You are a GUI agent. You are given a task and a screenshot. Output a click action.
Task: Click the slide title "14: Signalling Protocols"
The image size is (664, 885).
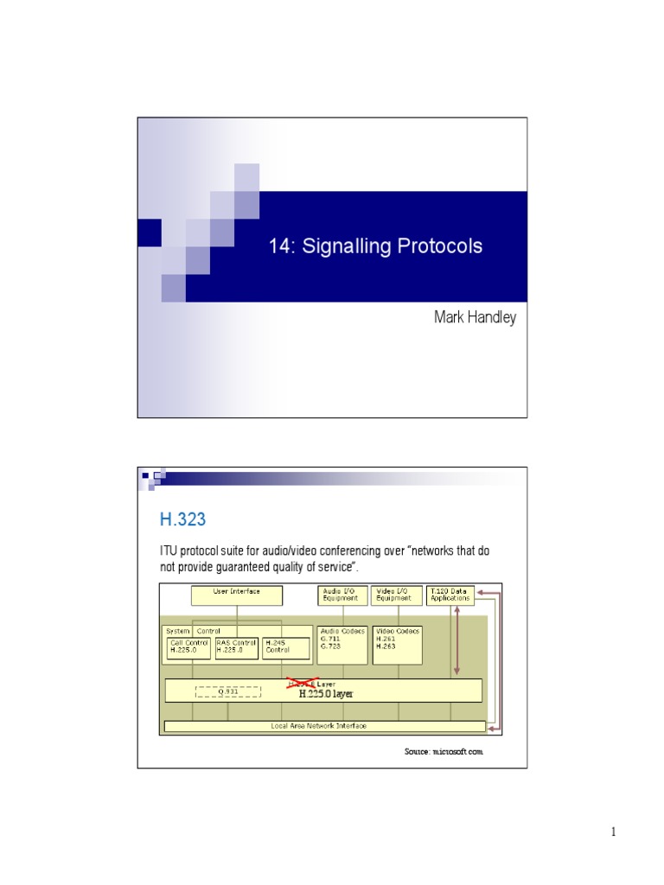pyautogui.click(x=375, y=246)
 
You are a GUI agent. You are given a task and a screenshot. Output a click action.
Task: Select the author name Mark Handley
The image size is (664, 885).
pyautogui.click(x=475, y=317)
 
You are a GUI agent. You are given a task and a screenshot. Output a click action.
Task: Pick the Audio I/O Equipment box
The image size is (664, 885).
pyautogui.click(x=342, y=595)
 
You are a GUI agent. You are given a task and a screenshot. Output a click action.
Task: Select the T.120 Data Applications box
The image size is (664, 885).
pyautogui.click(x=450, y=595)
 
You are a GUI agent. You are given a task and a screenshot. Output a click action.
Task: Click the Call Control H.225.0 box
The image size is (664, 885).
pyautogui.click(x=188, y=646)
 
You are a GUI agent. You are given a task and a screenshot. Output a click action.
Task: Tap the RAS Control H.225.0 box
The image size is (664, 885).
pyautogui.click(x=236, y=646)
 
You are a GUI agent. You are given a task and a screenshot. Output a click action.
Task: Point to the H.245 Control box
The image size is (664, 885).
pyautogui.click(x=285, y=646)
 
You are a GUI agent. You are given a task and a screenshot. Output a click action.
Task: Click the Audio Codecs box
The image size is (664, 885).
pyautogui.click(x=342, y=645)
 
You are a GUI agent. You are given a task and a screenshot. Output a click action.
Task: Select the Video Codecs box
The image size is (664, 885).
pyautogui.click(x=398, y=645)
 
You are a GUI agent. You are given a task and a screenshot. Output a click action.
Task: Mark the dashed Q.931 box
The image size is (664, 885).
pyautogui.click(x=227, y=691)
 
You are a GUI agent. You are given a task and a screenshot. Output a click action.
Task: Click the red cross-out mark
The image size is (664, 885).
pyautogui.click(x=303, y=684)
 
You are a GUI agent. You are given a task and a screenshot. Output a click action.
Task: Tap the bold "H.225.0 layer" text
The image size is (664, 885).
pyautogui.click(x=326, y=693)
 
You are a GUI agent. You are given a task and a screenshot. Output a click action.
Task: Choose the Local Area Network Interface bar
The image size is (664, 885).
pyautogui.click(x=324, y=726)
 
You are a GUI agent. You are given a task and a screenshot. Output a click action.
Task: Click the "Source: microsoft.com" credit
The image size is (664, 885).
pyautogui.click(x=444, y=752)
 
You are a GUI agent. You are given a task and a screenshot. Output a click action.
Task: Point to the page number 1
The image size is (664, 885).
pyautogui.click(x=612, y=832)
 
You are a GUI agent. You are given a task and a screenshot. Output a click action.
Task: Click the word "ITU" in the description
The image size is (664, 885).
pyautogui.click(x=168, y=551)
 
